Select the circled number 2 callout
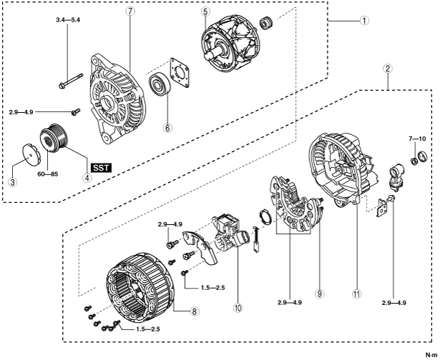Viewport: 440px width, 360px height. click(386, 69)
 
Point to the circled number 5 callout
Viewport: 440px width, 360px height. click(205, 12)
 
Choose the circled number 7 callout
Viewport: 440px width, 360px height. click(131, 12)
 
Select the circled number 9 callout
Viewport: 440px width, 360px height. click(319, 294)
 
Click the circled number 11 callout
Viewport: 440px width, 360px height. click(355, 294)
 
